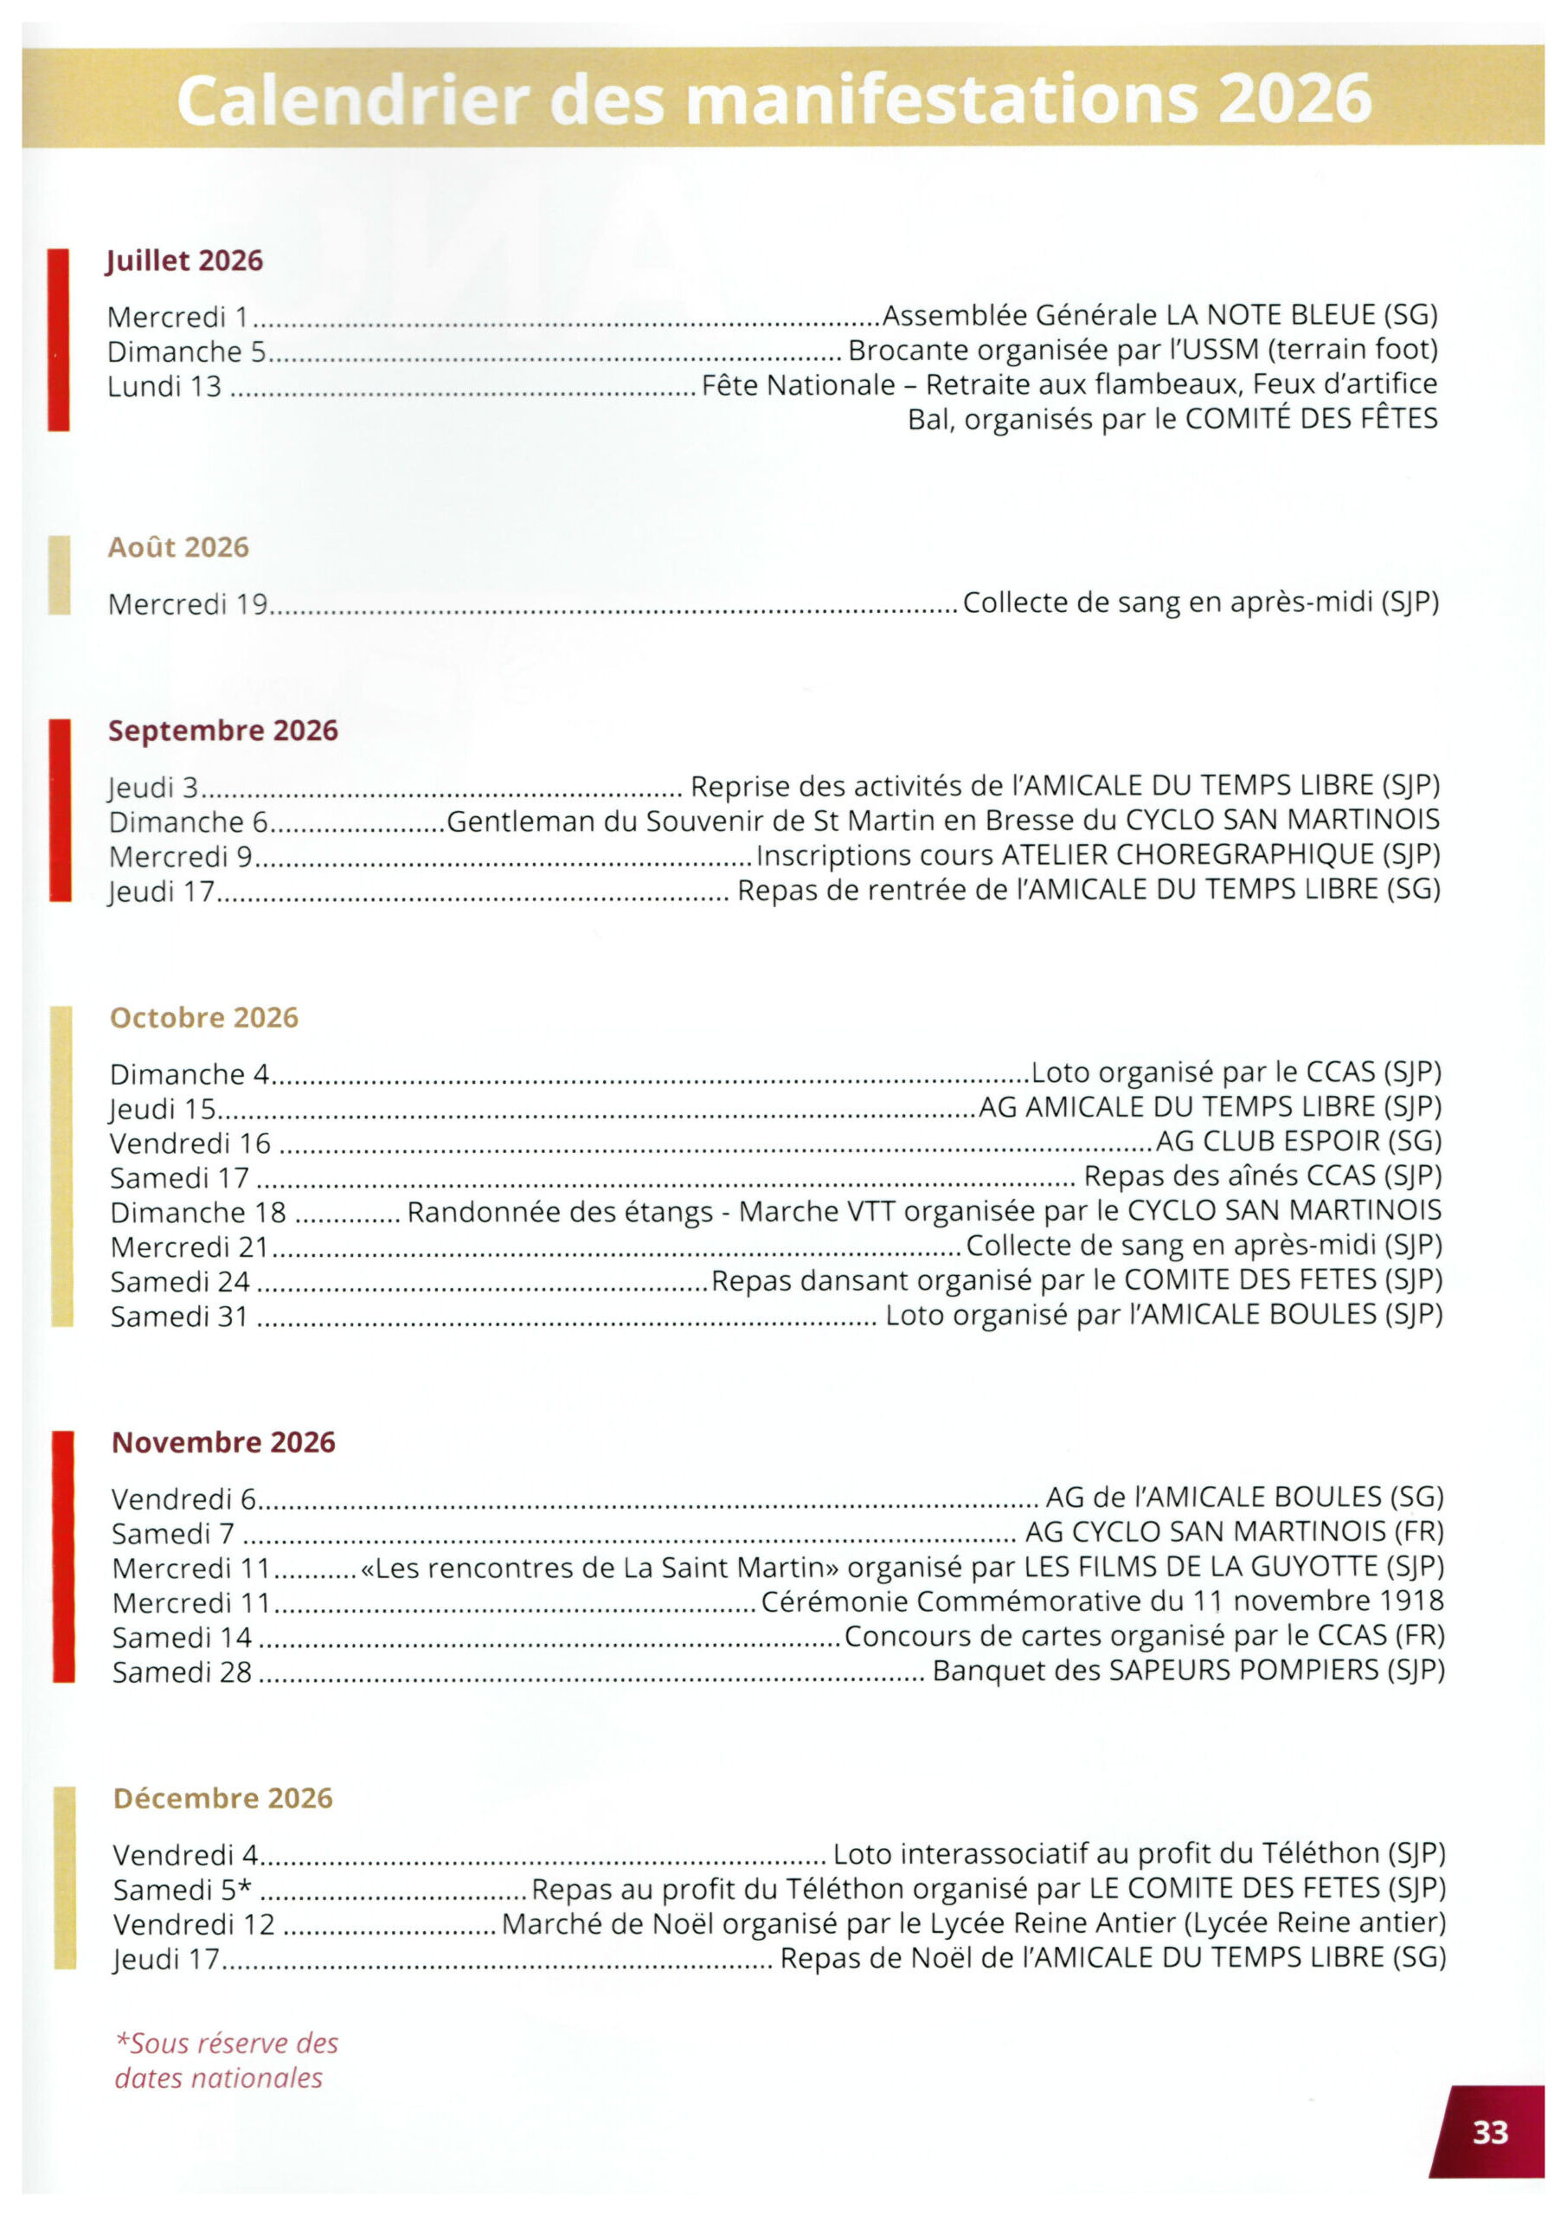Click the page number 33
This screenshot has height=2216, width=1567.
tap(1489, 2131)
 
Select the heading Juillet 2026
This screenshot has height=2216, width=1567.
tap(184, 261)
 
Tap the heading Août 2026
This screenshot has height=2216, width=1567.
tap(178, 547)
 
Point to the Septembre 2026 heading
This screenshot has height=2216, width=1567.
tap(223, 731)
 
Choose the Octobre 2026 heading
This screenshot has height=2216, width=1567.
tap(204, 1017)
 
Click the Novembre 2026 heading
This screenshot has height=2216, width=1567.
tap(224, 1442)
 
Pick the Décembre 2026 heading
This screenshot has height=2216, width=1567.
tap(223, 1798)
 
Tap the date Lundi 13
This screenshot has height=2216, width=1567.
tap(164, 386)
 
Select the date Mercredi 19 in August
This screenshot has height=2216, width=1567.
tap(187, 604)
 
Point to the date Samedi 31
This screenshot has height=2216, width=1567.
tap(179, 1317)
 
